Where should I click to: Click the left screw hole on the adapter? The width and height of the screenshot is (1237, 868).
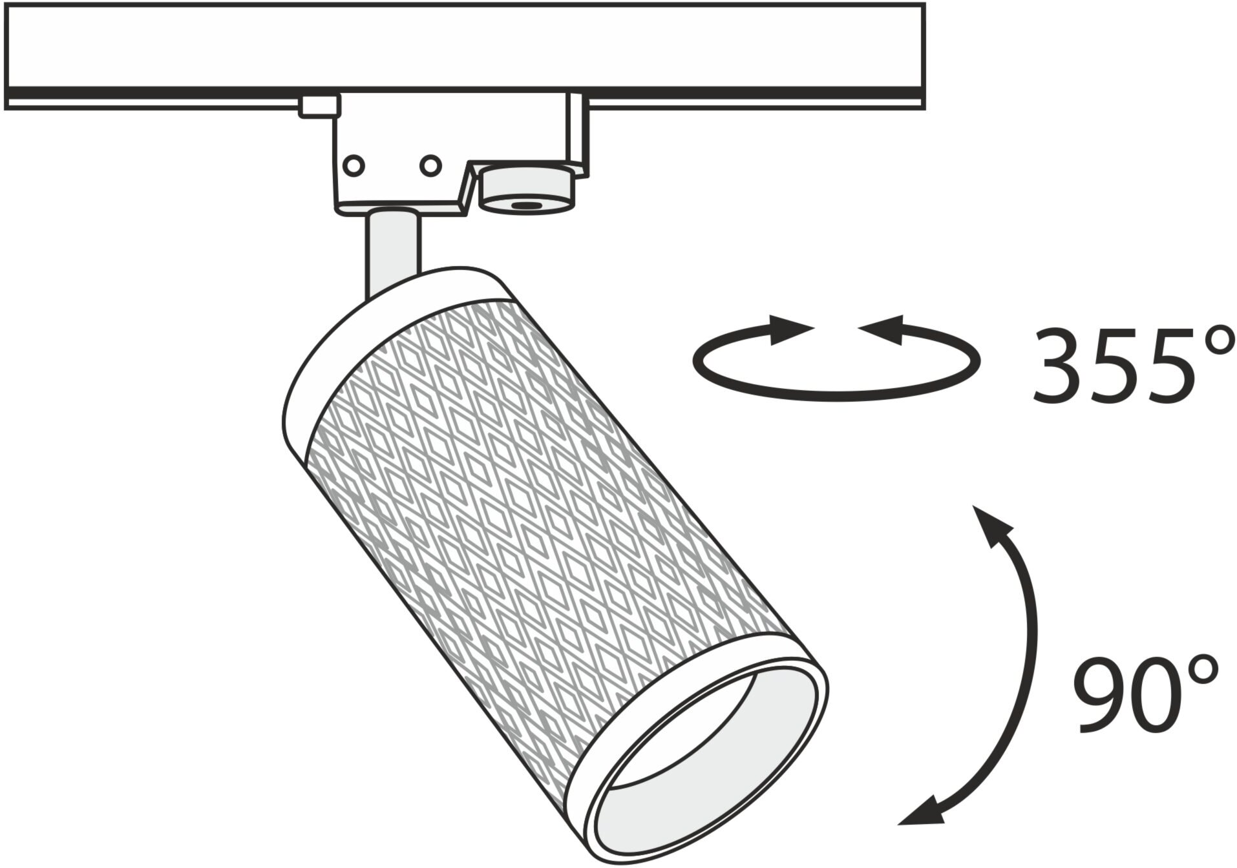(x=353, y=165)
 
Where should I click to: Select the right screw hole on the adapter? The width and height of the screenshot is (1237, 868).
(x=430, y=165)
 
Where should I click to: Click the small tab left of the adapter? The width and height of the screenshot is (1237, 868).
(x=319, y=106)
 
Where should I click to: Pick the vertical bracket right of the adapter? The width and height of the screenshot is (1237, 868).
(x=577, y=132)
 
